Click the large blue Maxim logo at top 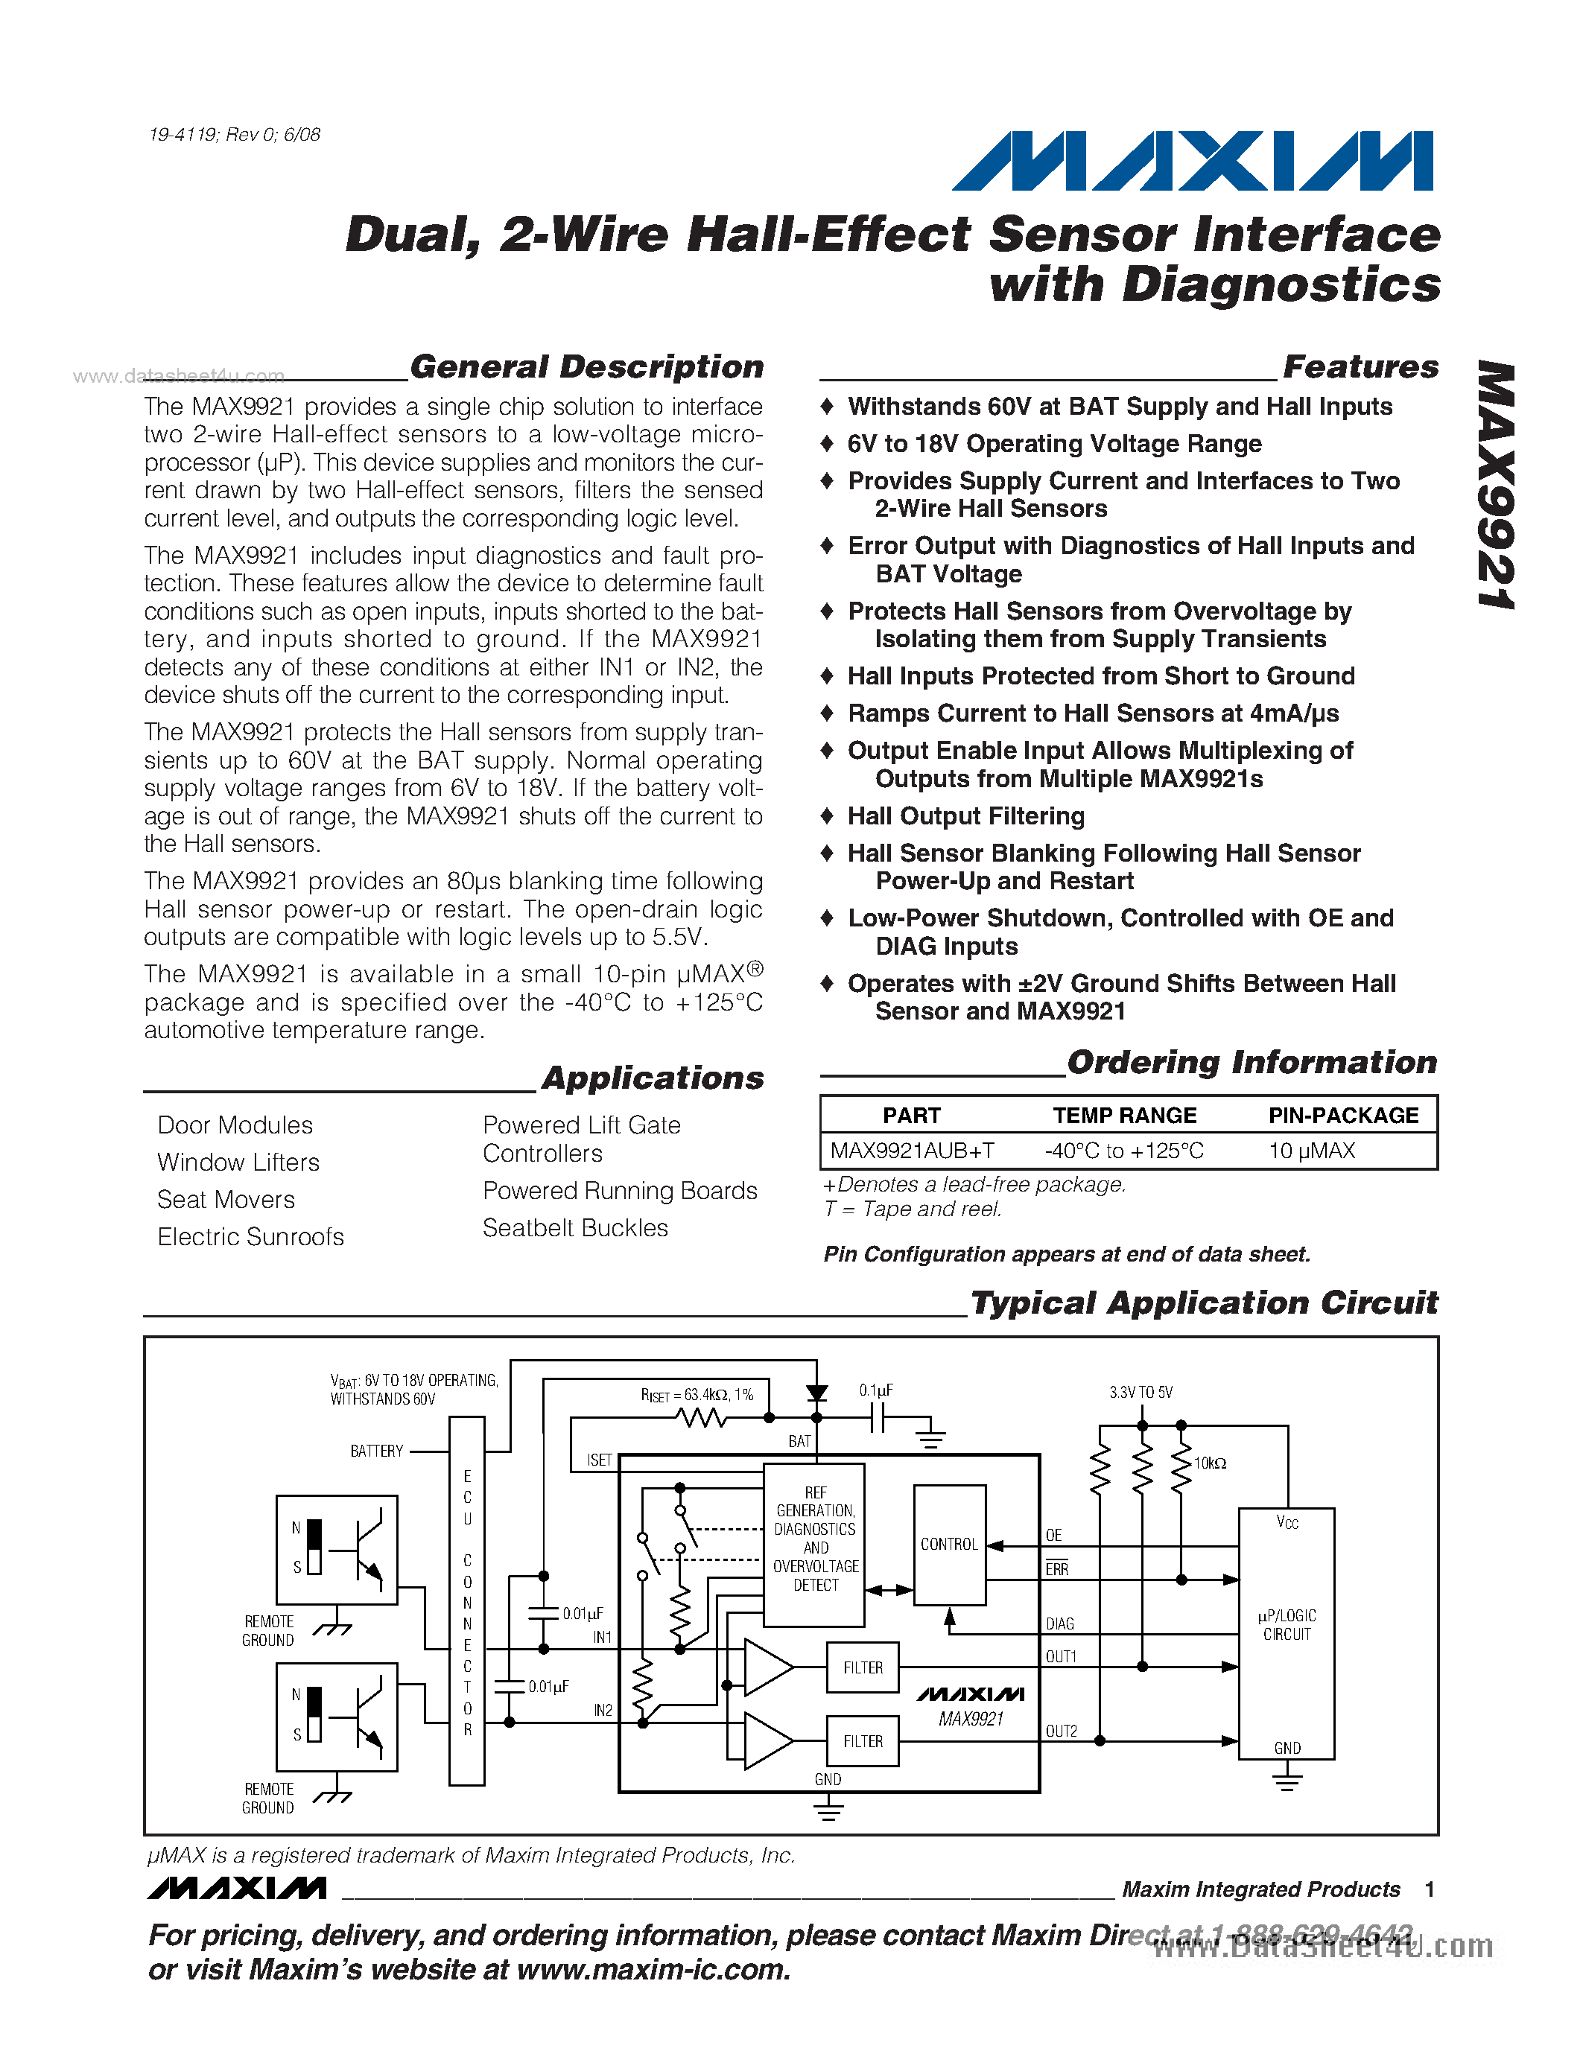coord(1192,162)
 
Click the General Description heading coord(586,366)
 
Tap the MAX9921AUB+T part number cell coord(912,1151)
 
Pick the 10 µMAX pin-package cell coord(1311,1151)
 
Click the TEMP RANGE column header coord(1123,1115)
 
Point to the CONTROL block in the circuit coord(949,1545)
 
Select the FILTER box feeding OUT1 coord(862,1667)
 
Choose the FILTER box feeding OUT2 coord(862,1741)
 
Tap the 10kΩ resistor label coord(1210,1463)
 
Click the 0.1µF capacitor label coord(876,1390)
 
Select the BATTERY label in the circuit coord(376,1451)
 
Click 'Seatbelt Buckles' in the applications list coord(575,1227)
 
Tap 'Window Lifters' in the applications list coord(238,1162)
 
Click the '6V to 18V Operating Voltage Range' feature coord(1054,444)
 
